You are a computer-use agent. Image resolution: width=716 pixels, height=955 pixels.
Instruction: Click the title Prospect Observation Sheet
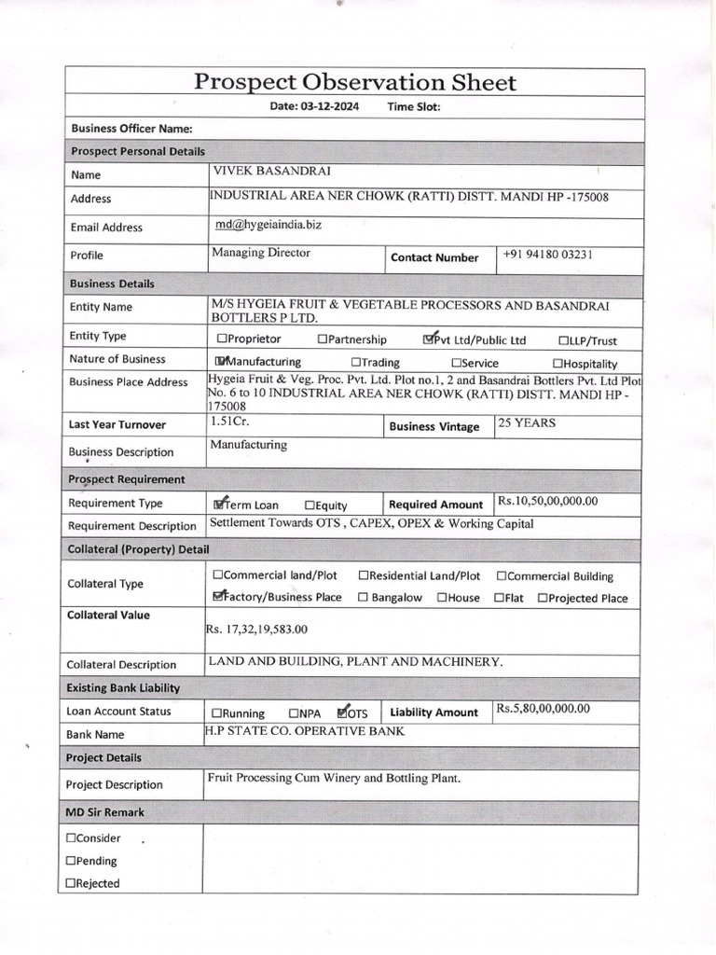354,82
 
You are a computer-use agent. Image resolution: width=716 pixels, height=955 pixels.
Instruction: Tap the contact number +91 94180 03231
547,254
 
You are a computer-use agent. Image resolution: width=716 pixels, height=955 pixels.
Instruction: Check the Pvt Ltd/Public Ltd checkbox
428,339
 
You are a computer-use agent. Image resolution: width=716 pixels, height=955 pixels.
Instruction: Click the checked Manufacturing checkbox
221,362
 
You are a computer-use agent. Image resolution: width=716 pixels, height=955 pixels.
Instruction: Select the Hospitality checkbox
558,364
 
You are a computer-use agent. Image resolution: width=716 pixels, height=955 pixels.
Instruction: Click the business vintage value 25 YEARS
527,422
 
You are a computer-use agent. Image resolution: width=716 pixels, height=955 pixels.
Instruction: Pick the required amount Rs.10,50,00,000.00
547,501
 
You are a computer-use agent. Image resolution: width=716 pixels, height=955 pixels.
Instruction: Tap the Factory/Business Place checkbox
219,597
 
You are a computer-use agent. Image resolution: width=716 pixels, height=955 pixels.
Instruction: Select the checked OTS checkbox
342,713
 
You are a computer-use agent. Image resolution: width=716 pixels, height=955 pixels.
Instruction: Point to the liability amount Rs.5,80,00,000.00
543,709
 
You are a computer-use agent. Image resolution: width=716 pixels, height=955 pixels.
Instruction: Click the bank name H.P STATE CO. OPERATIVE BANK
305,731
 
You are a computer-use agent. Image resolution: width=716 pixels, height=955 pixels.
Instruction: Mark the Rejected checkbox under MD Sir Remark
71,883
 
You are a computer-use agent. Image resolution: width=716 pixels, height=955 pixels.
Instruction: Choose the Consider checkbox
71,838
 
